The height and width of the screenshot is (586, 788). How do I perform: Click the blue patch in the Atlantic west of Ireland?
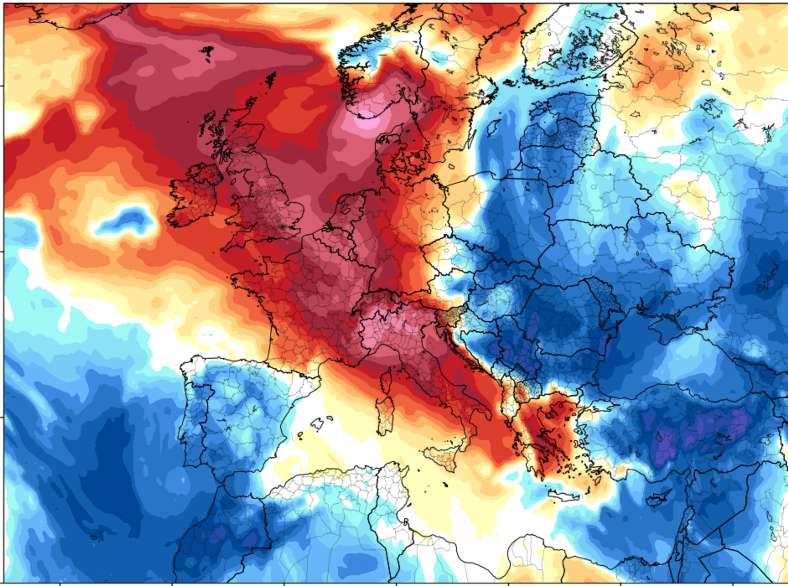124,222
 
